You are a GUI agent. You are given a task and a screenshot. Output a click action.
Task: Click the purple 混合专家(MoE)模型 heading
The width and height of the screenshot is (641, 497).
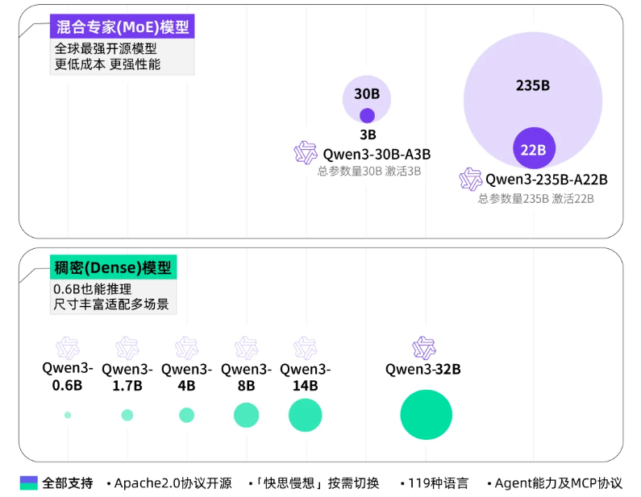click(123, 27)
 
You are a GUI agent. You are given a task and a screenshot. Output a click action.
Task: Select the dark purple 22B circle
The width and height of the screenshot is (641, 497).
click(534, 149)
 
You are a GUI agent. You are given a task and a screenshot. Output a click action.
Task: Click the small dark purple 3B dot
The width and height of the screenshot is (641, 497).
click(367, 115)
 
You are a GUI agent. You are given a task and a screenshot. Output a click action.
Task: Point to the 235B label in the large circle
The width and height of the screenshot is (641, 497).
click(532, 85)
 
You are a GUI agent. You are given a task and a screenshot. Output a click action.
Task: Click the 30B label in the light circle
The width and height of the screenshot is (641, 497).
click(367, 93)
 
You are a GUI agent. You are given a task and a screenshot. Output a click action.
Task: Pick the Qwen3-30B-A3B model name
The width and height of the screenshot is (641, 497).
click(377, 154)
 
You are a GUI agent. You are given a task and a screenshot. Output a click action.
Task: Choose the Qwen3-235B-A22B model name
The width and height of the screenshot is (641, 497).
click(546, 180)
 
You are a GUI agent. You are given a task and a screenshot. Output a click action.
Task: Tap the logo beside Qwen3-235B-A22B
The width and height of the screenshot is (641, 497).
click(470, 180)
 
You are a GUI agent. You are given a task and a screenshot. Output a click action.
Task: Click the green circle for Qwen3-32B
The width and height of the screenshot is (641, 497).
click(427, 414)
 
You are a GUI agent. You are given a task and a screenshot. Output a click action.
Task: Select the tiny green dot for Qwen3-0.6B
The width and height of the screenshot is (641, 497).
click(68, 415)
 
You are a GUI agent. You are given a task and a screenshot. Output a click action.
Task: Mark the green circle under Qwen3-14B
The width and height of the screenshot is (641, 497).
click(306, 415)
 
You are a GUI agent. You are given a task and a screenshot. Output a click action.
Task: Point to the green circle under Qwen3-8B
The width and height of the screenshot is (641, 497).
click(246, 415)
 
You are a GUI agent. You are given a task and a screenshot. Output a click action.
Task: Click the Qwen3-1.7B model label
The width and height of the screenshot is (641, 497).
click(127, 377)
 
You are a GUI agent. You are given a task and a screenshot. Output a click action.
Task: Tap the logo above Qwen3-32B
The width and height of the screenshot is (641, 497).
click(423, 348)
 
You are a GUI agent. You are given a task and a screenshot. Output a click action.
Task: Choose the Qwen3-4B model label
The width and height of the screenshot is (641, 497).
click(186, 377)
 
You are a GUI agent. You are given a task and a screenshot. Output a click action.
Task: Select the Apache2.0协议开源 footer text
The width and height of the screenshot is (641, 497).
click(173, 483)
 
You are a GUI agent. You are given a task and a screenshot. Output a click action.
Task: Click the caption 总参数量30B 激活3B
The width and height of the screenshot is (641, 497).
click(368, 171)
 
